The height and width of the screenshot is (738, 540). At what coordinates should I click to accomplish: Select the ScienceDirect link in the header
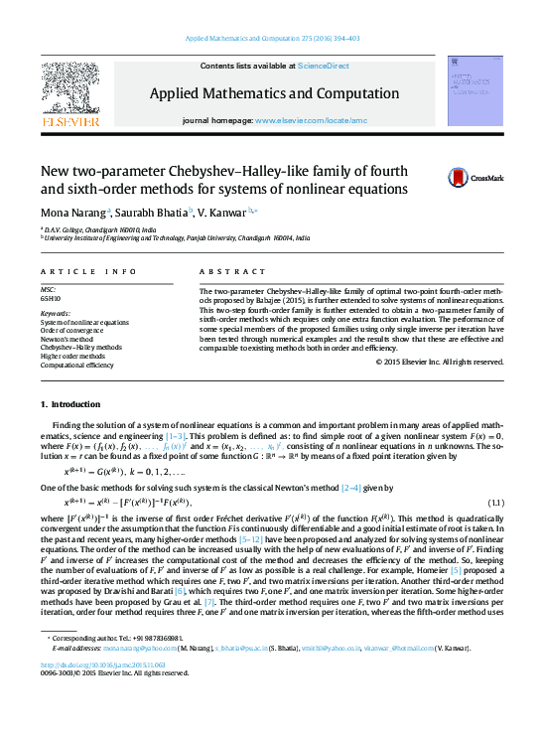point(324,66)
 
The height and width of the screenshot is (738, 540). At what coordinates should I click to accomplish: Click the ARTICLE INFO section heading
point(88,271)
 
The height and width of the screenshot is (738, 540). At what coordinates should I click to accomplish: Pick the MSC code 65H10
point(51,297)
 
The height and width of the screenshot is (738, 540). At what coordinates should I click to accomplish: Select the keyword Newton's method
point(68,340)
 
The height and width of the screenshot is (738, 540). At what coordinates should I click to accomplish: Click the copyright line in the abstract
point(440,361)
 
